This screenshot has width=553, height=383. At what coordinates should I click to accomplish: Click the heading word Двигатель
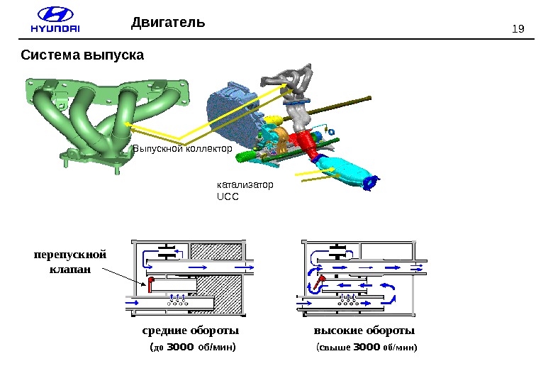point(168,23)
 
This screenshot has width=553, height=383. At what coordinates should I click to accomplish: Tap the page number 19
point(517,29)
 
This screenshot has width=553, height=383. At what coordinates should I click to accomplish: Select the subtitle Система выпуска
point(82,55)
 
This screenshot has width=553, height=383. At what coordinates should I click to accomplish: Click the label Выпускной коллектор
point(183,150)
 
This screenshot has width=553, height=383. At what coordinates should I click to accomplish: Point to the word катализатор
point(244,184)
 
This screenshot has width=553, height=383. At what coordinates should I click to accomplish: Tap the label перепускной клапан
point(69,261)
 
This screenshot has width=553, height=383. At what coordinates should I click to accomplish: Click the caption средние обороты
point(191,331)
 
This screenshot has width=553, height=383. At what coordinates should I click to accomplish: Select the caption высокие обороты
point(364,331)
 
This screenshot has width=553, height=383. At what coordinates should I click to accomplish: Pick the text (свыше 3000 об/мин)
point(366,348)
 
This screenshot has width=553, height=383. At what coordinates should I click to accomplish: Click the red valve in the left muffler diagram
point(151,284)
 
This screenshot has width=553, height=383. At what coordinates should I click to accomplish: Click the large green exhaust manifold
point(106,121)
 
